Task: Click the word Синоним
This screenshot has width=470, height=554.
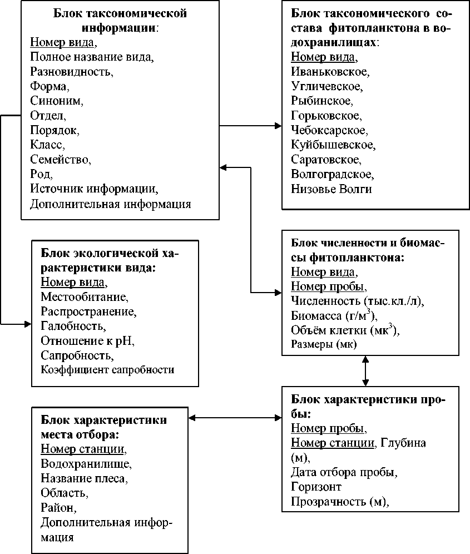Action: (56, 101)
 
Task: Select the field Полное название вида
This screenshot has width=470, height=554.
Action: (92, 57)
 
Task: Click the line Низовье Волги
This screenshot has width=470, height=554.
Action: (332, 189)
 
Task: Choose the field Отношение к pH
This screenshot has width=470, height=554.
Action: (88, 340)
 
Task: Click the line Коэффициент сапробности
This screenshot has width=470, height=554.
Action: (107, 369)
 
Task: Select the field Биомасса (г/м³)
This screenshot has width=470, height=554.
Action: (334, 316)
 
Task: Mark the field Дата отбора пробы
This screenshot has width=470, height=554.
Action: (344, 472)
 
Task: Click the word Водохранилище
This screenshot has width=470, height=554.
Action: (86, 464)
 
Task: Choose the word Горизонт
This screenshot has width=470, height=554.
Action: (316, 487)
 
